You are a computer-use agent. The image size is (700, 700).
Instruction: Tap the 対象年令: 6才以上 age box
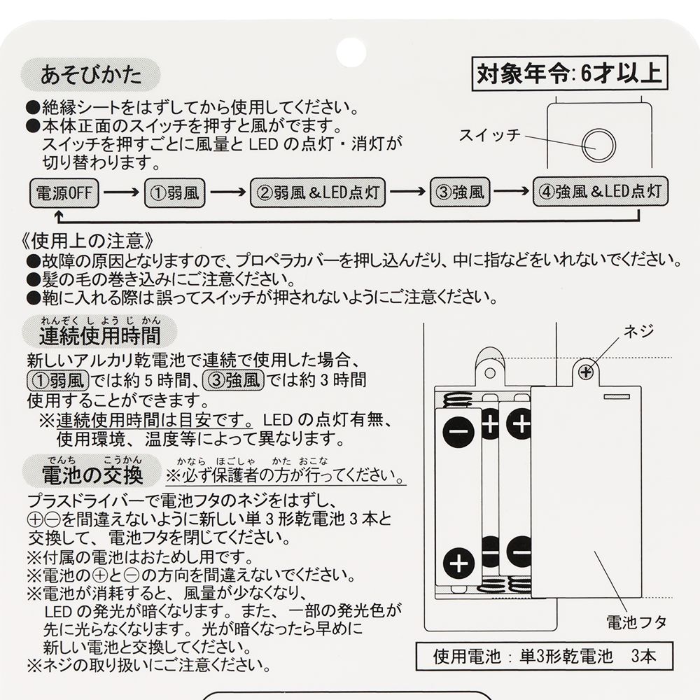(568, 73)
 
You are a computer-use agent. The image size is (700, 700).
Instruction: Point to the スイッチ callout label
(489, 134)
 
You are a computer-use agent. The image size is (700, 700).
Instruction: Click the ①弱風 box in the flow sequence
(174, 192)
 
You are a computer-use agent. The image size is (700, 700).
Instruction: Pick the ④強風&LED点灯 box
(601, 192)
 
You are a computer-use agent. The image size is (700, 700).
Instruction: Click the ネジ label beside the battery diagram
(638, 330)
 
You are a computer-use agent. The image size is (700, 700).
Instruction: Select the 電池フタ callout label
(636, 620)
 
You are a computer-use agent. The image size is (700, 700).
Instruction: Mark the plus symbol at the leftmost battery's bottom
(458, 562)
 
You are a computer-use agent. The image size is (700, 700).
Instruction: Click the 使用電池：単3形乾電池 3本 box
(544, 657)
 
